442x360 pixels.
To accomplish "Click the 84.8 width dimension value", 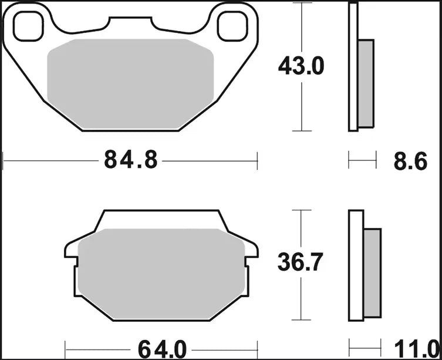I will click(131, 159).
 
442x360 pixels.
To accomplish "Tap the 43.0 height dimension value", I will click(301, 66).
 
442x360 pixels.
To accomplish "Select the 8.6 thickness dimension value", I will click(411, 160).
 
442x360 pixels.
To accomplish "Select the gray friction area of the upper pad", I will click(130, 83).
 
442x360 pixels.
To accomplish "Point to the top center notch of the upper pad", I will click(131, 22).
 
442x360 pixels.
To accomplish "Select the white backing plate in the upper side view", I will click(353, 68).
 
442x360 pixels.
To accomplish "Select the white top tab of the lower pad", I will click(160, 218).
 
